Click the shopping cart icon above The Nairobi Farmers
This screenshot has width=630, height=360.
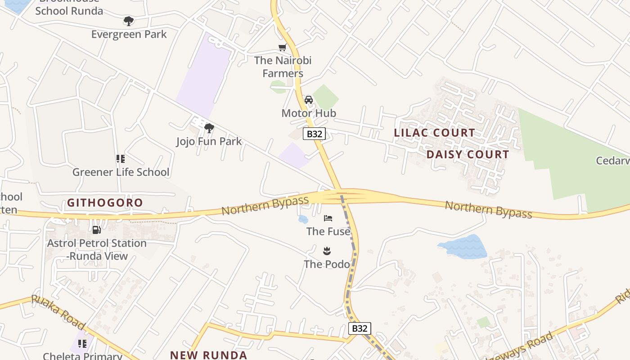(x=283, y=47)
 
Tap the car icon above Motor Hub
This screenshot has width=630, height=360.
(x=309, y=99)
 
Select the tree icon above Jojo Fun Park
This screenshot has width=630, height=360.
(x=209, y=128)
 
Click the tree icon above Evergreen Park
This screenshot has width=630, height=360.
(x=129, y=21)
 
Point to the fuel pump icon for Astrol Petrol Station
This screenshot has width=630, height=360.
(x=96, y=230)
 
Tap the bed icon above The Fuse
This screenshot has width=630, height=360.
(x=328, y=218)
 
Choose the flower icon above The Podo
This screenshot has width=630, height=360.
(x=327, y=251)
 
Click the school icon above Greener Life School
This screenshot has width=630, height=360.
(x=120, y=158)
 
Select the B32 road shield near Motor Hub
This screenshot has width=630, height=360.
(x=314, y=134)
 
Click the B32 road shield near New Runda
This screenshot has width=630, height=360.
(x=360, y=328)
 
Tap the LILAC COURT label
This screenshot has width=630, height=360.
(x=434, y=133)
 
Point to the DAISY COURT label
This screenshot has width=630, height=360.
(x=468, y=154)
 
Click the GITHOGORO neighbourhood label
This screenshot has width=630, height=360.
(x=105, y=202)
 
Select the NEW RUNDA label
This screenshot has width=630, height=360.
(x=209, y=355)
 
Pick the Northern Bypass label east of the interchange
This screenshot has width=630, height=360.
(x=488, y=210)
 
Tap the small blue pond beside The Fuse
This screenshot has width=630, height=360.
(x=303, y=219)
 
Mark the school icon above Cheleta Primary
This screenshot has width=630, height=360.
(x=82, y=344)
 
